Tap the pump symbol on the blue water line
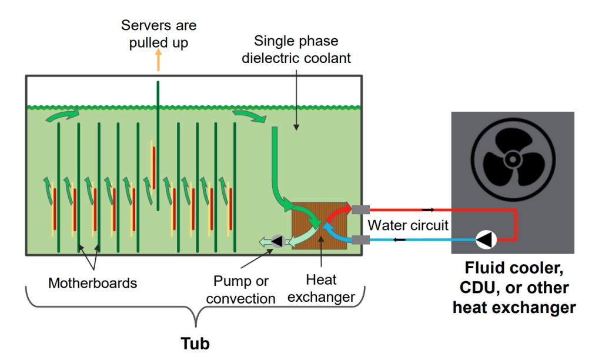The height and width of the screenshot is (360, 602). coord(486,239)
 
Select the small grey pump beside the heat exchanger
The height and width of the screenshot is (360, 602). coord(277,241)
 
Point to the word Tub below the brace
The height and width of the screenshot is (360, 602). coord(194,343)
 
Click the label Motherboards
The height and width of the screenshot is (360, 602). coord(92,283)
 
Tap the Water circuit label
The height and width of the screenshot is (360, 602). coord(408,225)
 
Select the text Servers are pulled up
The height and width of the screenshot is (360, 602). coord(159,34)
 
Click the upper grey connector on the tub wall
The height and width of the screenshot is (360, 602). coord(359,209)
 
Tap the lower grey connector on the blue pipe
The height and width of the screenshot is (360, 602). coord(359,239)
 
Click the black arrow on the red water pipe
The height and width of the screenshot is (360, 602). coord(428,209)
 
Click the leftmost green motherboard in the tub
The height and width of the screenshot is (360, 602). coord(59,188)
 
